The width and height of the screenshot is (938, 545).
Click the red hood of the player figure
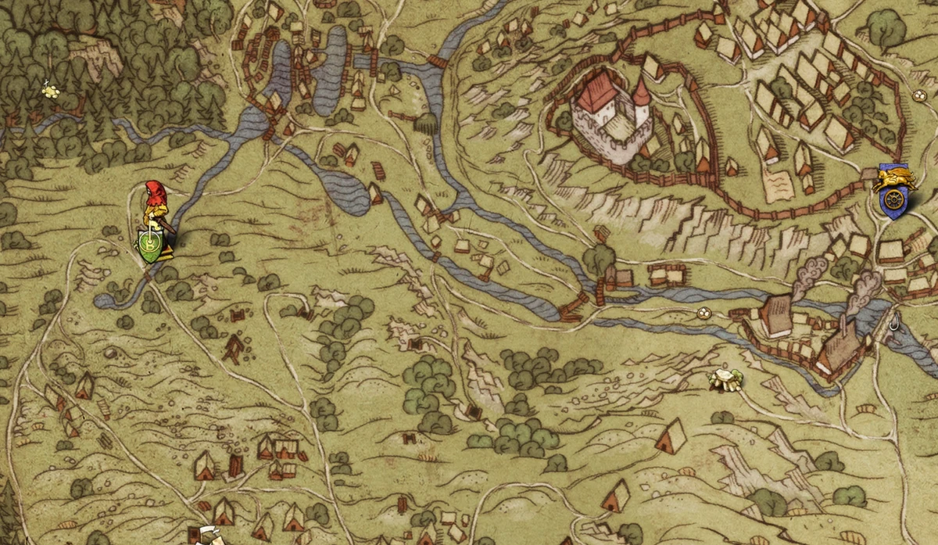pyautogui.click(x=154, y=191)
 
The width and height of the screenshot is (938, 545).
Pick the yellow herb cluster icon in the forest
pyautogui.click(x=52, y=91)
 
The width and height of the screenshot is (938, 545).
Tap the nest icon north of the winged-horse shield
pyautogui.click(x=920, y=96)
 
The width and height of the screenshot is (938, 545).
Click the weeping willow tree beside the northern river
pyautogui.click(x=426, y=124)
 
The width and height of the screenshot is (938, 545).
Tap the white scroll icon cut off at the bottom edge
pyautogui.click(x=207, y=536)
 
